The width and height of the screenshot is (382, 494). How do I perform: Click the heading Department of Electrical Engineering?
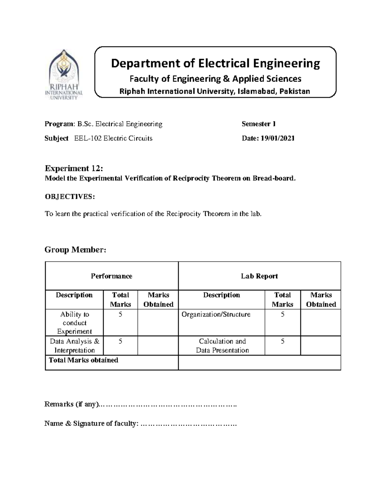point(215,64)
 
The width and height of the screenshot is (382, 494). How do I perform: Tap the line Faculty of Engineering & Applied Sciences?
point(215,79)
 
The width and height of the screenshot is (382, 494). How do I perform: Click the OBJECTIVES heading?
point(70,197)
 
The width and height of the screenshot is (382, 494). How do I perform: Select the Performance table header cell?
point(111,276)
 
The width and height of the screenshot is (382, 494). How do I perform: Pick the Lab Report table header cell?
point(259,276)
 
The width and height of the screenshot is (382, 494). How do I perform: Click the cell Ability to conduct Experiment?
point(74,323)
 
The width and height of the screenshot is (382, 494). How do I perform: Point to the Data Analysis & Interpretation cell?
point(74,346)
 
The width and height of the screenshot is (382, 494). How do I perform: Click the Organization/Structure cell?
point(216,315)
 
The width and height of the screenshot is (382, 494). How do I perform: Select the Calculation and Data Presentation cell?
point(222,346)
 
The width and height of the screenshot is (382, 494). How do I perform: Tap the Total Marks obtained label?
point(83,360)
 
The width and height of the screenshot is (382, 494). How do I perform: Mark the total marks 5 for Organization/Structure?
point(282,315)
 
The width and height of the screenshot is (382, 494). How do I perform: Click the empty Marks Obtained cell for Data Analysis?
point(158,346)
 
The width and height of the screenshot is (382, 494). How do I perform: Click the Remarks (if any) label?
point(72,404)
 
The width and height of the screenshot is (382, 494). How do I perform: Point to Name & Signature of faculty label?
point(91,423)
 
